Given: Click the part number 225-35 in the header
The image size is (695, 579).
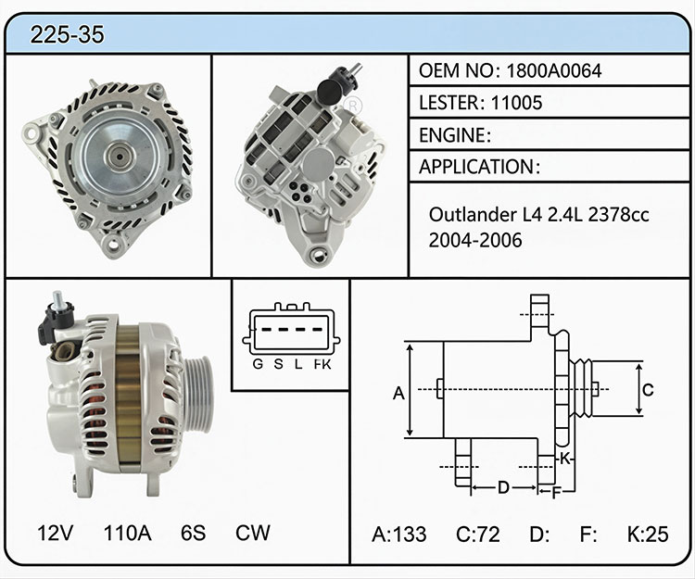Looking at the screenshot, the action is [x=68, y=34].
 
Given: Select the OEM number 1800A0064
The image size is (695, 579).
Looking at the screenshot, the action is [x=553, y=71].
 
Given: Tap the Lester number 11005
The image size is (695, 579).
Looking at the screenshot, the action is [x=516, y=103].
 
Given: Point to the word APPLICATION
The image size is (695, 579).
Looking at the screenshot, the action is [x=476, y=167].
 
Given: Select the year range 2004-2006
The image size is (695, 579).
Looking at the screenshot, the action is [x=475, y=240].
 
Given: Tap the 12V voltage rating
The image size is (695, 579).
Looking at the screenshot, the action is [x=56, y=533].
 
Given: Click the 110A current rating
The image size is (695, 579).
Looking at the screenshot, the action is [x=128, y=533].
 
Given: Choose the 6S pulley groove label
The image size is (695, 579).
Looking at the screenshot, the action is [x=194, y=533].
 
